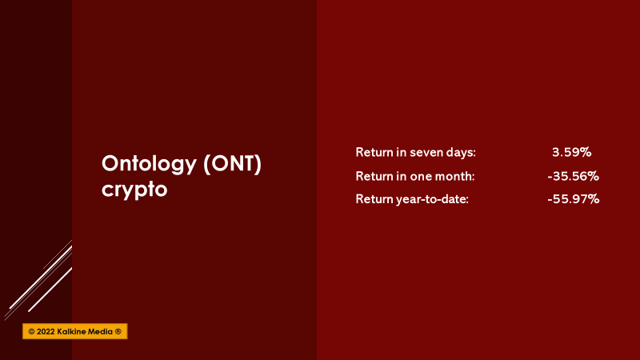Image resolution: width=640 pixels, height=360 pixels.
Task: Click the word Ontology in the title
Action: [149, 165]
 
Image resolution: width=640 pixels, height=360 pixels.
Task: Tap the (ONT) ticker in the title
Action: [232, 164]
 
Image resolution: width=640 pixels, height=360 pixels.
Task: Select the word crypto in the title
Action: [134, 190]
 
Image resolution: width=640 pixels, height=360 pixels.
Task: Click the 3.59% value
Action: [571, 152]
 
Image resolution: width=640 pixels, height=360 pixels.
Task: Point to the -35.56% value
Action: [573, 176]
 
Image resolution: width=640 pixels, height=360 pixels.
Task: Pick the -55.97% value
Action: [573, 199]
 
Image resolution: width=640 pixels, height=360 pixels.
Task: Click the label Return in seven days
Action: [415, 153]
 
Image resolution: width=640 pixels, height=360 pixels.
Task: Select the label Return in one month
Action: [415, 176]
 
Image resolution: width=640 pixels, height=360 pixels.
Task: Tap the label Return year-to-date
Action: [412, 199]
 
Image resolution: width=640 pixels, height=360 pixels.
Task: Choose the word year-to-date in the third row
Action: [432, 199]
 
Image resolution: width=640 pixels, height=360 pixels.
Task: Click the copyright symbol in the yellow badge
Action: [31, 332]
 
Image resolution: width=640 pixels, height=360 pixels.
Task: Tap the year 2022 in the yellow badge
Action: [46, 332]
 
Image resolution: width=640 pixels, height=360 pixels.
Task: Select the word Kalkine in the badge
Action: [71, 332]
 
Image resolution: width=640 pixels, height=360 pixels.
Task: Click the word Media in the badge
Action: [100, 332]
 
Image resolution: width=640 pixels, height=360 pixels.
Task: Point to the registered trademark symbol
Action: [118, 332]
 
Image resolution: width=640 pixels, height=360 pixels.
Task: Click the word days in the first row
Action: [461, 153]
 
